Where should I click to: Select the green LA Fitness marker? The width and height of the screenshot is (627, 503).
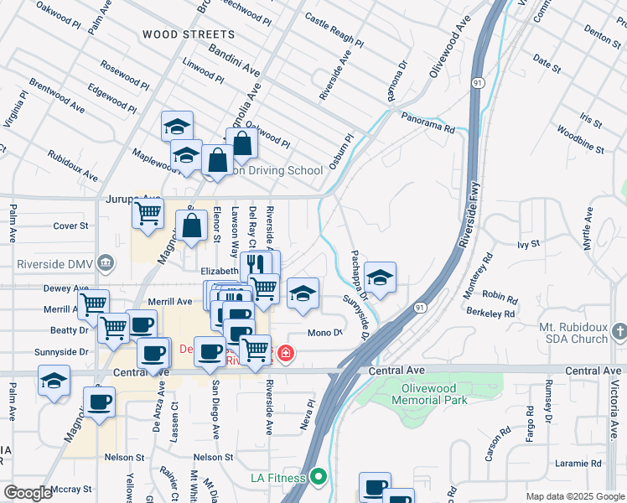point(317,479)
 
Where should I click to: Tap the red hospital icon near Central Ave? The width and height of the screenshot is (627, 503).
point(286,355)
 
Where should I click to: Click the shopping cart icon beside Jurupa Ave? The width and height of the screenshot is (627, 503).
point(148,215)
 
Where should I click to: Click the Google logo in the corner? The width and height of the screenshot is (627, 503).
point(27,493)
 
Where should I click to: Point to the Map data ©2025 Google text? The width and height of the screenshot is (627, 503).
point(575,496)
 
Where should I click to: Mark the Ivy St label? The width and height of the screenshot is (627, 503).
point(527,245)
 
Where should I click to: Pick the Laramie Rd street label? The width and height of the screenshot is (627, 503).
point(579,463)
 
